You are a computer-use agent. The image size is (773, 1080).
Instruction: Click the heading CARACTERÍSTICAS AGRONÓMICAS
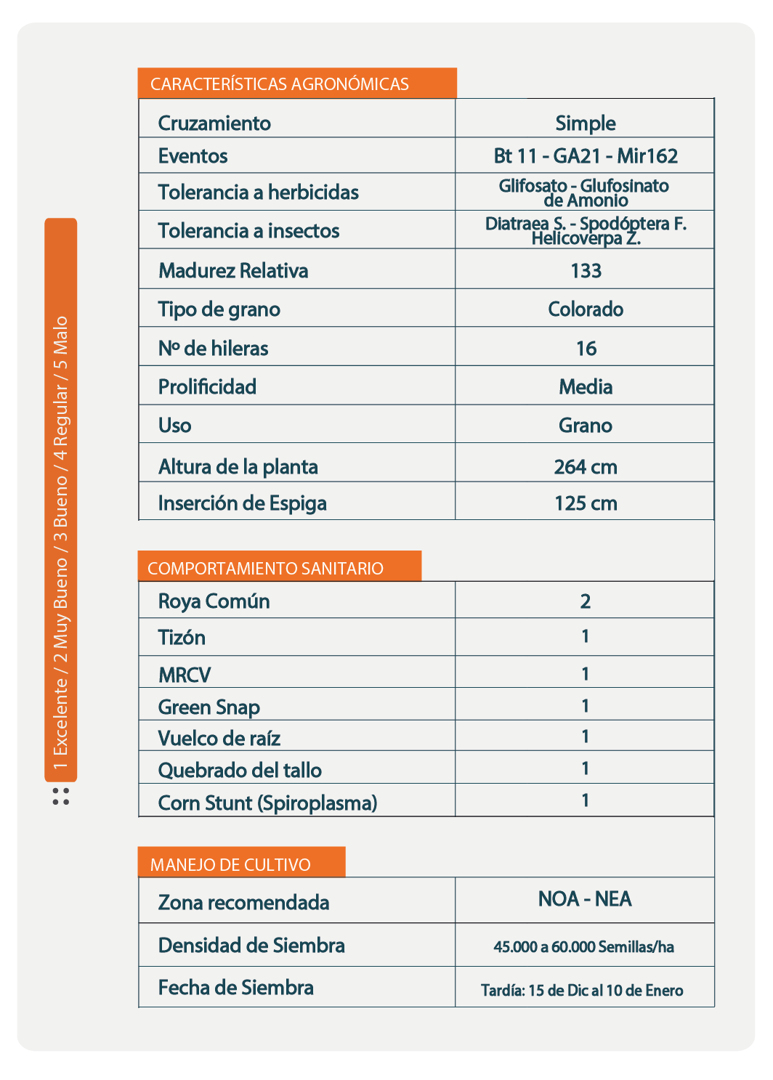pyautogui.click(x=280, y=84)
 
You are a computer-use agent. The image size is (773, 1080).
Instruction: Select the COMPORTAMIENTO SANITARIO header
pyautogui.click(x=265, y=568)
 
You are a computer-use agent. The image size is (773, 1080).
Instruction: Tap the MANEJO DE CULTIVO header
pyautogui.click(x=230, y=864)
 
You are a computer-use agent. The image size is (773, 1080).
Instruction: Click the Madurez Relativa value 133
pyautogui.click(x=586, y=271)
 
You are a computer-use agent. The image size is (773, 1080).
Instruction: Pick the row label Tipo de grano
pyautogui.click(x=219, y=309)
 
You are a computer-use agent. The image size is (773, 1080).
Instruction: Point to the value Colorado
pyautogui.click(x=586, y=309)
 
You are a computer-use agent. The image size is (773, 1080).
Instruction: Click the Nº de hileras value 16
pyautogui.click(x=586, y=349)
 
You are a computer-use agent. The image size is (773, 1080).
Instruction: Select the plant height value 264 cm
pyautogui.click(x=586, y=466)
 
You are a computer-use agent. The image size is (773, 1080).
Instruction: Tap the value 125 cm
pyautogui.click(x=586, y=503)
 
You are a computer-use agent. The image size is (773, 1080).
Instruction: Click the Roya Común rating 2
pyautogui.click(x=586, y=601)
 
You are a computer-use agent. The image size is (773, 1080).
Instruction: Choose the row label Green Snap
pyautogui.click(x=209, y=707)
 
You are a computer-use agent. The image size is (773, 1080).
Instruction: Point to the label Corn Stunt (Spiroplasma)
pyautogui.click(x=268, y=803)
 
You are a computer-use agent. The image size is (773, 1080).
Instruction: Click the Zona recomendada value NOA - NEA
pyautogui.click(x=585, y=899)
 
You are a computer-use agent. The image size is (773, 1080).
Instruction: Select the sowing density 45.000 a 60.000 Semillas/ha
pyautogui.click(x=584, y=947)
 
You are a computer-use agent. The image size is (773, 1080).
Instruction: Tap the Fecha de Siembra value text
pyautogui.click(x=582, y=990)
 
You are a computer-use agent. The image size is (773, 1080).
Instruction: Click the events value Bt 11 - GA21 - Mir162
pyautogui.click(x=586, y=156)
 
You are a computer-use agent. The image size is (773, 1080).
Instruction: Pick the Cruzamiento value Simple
pyautogui.click(x=586, y=123)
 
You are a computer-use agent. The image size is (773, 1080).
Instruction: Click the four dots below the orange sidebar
pyautogui.click(x=61, y=796)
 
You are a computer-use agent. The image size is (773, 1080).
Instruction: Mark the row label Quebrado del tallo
pyautogui.click(x=240, y=770)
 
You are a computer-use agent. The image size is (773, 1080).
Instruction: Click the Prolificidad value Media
pyautogui.click(x=586, y=387)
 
